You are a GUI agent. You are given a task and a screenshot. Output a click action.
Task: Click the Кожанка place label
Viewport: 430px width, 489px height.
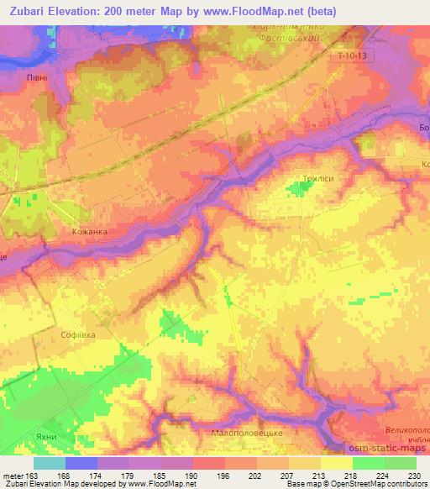click(x=89, y=231)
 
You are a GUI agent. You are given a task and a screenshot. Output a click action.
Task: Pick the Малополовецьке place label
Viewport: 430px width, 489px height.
click(x=250, y=432)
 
